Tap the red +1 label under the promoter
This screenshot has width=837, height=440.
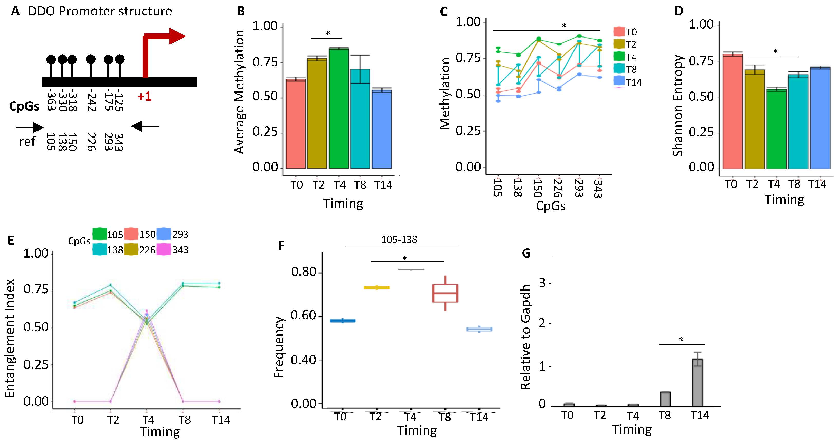(x=144, y=97)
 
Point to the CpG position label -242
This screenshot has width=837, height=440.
(x=92, y=100)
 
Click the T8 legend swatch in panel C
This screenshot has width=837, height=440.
(x=619, y=69)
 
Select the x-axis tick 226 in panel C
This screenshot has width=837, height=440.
(x=558, y=188)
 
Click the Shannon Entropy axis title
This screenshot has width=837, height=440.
(x=678, y=106)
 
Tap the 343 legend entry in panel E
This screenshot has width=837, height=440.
(x=173, y=250)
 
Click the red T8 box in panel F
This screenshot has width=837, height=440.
(x=445, y=293)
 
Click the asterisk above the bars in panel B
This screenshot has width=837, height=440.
(x=327, y=33)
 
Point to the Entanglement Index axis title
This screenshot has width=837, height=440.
(x=10, y=338)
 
